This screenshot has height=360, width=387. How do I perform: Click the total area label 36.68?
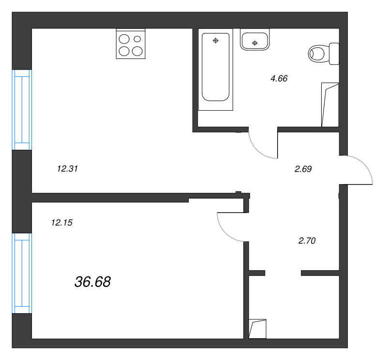point(93,282)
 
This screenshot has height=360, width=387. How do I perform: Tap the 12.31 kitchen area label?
point(68,169)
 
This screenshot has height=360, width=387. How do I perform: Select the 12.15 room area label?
point(61,223)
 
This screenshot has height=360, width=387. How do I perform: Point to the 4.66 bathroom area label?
point(279,78)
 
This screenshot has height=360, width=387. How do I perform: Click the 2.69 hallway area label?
point(303,169)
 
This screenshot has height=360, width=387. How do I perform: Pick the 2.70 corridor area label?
point(307,240)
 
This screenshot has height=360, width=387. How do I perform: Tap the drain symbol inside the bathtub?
point(216,40)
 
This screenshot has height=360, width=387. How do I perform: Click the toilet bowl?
point(318,53)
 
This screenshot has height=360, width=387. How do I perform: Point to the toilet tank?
point(334,53)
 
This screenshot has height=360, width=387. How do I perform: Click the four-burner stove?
point(131,44)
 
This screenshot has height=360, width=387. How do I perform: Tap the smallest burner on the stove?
point(137,39)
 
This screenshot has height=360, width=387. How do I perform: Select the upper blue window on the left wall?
point(21,110)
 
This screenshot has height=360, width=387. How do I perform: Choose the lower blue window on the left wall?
point(21,273)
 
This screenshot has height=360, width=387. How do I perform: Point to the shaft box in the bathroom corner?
point(330,104)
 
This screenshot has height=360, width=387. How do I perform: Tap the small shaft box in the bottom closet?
point(257,329)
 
